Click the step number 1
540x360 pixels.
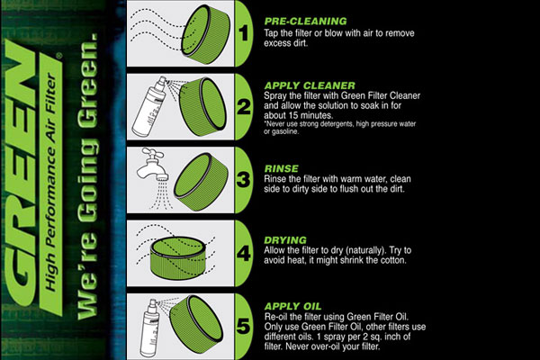tap(244, 33)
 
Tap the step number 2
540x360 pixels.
tap(244, 106)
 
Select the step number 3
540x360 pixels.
tap(244, 180)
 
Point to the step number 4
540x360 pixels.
tap(244, 254)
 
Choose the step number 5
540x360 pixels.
tap(244, 326)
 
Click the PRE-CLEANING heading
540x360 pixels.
tap(305, 22)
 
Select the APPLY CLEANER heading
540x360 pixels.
tap(310, 85)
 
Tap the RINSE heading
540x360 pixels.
tap(281, 169)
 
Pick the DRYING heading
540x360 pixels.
tap(284, 240)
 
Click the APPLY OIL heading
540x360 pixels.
tap(292, 306)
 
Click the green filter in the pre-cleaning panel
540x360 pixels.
tap(205, 34)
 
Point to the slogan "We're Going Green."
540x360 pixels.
tap(87, 176)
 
